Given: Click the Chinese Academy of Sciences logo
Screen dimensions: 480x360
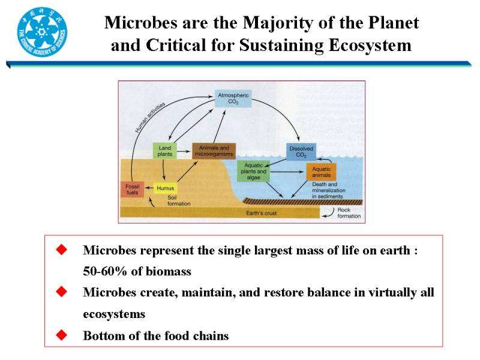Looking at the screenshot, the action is point(42,32).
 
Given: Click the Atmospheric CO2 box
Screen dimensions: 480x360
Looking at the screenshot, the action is point(233,98).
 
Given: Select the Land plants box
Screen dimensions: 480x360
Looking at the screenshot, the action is point(164,151).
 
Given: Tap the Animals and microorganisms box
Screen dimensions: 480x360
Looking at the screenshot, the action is point(214,151).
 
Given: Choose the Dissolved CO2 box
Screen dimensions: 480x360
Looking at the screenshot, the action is point(301,152).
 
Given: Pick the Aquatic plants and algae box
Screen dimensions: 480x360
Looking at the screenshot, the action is point(253,171).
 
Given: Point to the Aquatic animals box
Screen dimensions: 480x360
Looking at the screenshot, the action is point(322,172).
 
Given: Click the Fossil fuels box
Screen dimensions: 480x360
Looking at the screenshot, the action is point(132,189).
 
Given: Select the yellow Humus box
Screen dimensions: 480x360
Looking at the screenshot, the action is point(166,188).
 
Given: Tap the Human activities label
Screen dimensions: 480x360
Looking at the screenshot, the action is point(150,118).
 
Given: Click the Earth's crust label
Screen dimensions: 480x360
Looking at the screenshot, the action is point(261,213).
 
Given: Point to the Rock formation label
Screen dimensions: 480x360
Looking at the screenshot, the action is point(349,213).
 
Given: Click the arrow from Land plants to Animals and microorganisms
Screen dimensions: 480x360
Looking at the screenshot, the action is point(184,151).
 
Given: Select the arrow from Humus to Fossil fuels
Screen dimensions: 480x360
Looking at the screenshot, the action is point(149,188).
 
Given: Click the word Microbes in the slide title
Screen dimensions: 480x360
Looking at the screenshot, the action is point(141,23).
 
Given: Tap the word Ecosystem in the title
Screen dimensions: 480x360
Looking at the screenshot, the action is point(370,46).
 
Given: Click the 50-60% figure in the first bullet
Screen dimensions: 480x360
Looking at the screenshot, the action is point(105,271).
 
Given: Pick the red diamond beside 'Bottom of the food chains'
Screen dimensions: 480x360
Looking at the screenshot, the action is point(62,335).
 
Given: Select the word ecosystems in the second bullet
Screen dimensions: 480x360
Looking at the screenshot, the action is point(114,314).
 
